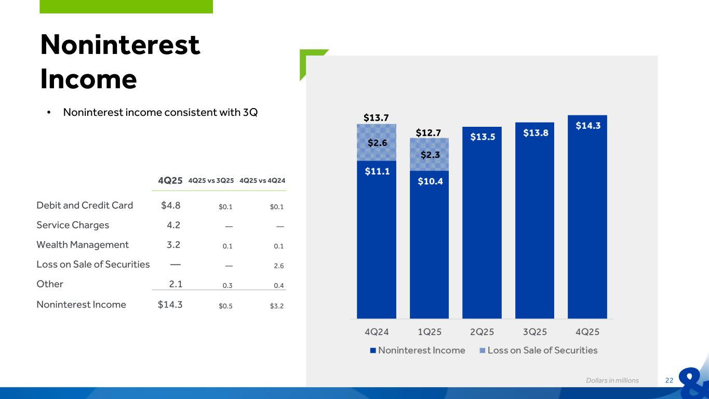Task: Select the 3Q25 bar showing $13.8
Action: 534,220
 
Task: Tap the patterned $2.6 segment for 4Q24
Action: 377,142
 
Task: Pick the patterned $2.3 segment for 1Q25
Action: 429,154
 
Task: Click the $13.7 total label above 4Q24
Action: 376,118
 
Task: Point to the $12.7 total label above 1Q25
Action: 429,133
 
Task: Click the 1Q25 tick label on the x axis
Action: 429,331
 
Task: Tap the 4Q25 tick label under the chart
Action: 587,331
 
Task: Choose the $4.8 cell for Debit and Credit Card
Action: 171,205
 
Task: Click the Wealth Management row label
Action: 83,245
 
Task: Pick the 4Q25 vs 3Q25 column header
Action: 211,181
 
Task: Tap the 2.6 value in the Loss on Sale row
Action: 278,265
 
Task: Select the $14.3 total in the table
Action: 170,304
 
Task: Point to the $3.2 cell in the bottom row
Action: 277,305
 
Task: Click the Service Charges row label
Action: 73,225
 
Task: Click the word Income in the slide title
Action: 88,79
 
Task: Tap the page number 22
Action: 669,380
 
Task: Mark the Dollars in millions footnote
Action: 612,380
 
